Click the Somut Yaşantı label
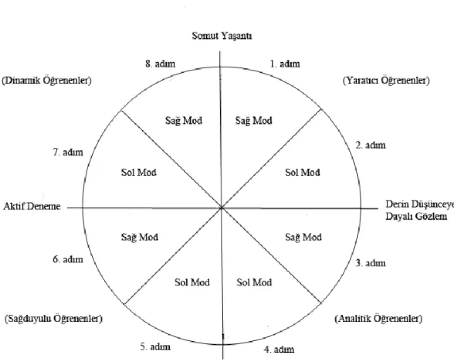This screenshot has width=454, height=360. click(221, 36)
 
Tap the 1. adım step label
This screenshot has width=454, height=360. click(285, 63)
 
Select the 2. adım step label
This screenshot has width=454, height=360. click(371, 145)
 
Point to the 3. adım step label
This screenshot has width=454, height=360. click(371, 262)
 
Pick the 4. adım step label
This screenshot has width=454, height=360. click(279, 350)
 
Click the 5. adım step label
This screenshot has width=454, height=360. click(156, 347)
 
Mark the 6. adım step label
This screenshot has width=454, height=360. click(68, 259)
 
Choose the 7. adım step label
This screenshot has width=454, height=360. click(68, 151)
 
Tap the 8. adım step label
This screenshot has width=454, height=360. click(160, 63)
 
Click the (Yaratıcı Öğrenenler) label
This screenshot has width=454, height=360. click(387, 80)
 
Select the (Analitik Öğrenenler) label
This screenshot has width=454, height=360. click(379, 319)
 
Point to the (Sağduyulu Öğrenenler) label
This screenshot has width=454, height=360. click(54, 319)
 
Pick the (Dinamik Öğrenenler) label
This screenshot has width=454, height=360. click(47, 80)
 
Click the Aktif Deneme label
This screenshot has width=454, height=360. click(32, 206)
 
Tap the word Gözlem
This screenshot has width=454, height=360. click(431, 216)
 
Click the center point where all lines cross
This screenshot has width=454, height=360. click(221, 208)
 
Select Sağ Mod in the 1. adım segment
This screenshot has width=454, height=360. click(254, 121)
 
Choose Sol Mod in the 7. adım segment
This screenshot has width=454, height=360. click(139, 173)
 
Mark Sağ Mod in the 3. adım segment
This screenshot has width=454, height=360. click(303, 237)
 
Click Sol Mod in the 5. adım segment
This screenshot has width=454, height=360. click(192, 282)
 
